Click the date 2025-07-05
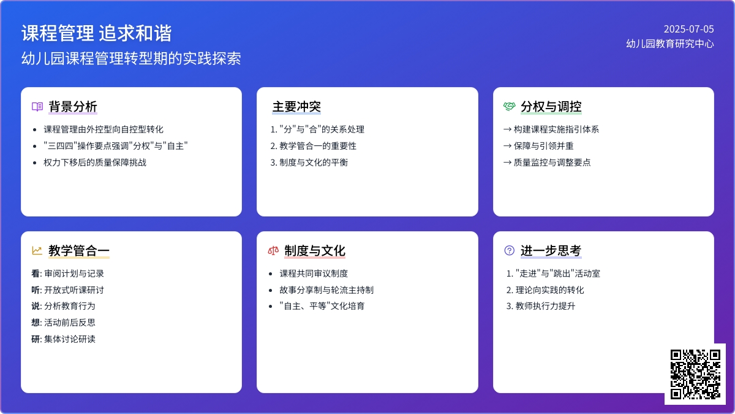point(688,29)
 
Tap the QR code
point(695,374)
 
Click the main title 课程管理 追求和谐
point(97,33)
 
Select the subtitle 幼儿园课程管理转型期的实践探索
point(131,58)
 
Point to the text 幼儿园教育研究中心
point(670,44)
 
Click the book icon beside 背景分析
point(37,107)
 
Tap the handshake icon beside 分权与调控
point(509,107)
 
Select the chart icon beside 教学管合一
point(37,250)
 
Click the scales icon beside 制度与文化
point(273,251)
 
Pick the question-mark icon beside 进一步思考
point(509,250)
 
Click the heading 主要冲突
point(296,107)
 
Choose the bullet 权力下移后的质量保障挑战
point(95,163)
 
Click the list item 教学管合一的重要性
point(318,146)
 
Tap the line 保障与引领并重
point(543,146)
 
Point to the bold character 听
point(36,290)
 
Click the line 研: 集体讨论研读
point(63,339)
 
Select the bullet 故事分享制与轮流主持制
point(326,290)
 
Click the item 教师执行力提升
point(545,306)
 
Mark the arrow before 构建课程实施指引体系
point(507,129)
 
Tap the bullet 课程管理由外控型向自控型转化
point(104,129)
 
